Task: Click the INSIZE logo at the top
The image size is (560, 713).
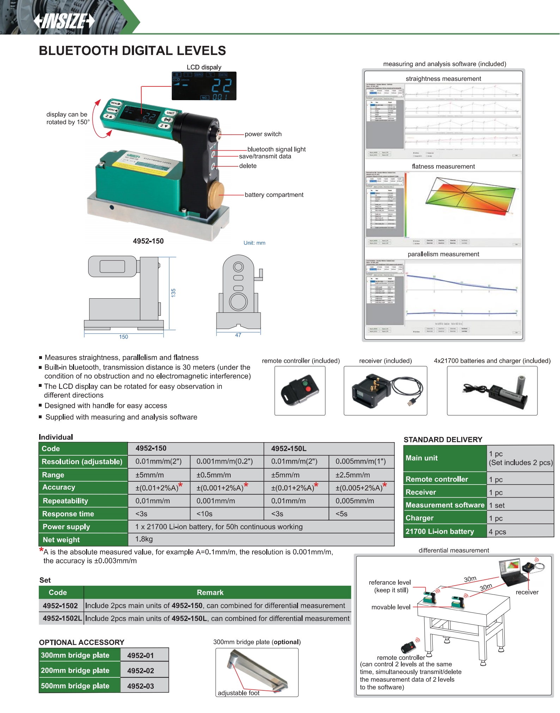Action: [64, 21]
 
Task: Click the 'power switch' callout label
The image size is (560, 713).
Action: [263, 134]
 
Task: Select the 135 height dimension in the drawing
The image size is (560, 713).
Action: [173, 293]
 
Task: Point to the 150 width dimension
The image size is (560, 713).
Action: [123, 337]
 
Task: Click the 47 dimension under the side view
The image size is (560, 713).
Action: [238, 335]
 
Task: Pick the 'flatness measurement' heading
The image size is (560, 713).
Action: [443, 166]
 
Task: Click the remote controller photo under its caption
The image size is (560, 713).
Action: [300, 391]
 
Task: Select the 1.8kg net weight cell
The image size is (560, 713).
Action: [144, 539]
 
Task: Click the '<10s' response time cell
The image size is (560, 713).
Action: [205, 514]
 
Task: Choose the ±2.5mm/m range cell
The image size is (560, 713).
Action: [353, 475]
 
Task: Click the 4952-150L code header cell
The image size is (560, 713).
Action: [289, 449]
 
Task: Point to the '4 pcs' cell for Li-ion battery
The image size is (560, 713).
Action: [497, 532]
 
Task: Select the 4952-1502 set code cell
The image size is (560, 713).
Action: [60, 606]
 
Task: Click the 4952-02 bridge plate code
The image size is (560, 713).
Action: [140, 671]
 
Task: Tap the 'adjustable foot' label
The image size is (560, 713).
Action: [238, 693]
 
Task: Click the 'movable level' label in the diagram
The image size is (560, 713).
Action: [391, 607]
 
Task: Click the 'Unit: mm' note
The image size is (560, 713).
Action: [254, 243]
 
